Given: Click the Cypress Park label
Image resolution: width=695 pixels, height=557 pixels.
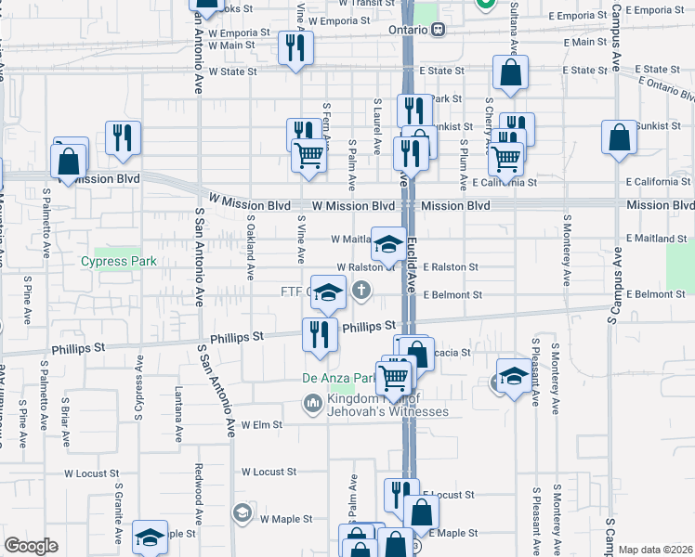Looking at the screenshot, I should pyautogui.click(x=125, y=262).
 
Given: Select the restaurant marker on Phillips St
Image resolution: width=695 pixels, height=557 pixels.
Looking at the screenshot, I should pyautogui.click(x=320, y=335).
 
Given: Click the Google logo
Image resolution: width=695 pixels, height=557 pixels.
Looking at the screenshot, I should pyautogui.click(x=31, y=546).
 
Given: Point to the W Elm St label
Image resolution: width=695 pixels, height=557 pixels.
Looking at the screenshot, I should pyautogui.click(x=261, y=424).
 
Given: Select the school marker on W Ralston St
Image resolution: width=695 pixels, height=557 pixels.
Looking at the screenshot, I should pyautogui.click(x=388, y=244).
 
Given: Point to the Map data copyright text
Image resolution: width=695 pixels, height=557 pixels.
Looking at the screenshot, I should pyautogui.click(x=656, y=550).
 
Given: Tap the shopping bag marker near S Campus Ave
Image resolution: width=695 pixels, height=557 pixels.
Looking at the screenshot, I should pyautogui.click(x=620, y=138).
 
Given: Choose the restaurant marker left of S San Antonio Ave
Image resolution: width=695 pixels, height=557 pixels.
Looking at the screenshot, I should pyautogui.click(x=123, y=137).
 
